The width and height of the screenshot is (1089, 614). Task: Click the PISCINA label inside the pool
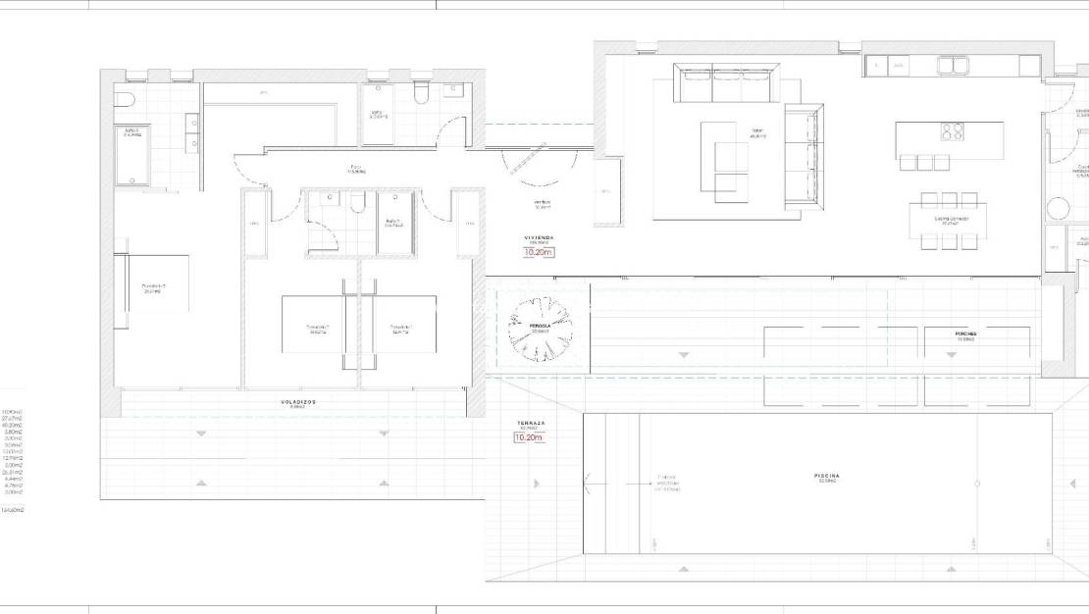826,477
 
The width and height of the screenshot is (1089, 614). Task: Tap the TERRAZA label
532,424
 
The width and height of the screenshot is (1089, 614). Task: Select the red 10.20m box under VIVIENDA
539,252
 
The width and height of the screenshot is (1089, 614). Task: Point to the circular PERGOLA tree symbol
540,330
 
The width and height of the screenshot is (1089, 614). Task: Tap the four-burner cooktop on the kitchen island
951,131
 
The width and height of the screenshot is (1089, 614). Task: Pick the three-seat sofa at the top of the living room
727,83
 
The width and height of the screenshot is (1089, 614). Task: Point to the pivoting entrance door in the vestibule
527,161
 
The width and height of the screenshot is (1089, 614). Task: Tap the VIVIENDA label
539,237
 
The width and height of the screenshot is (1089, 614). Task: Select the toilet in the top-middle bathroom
422,93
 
